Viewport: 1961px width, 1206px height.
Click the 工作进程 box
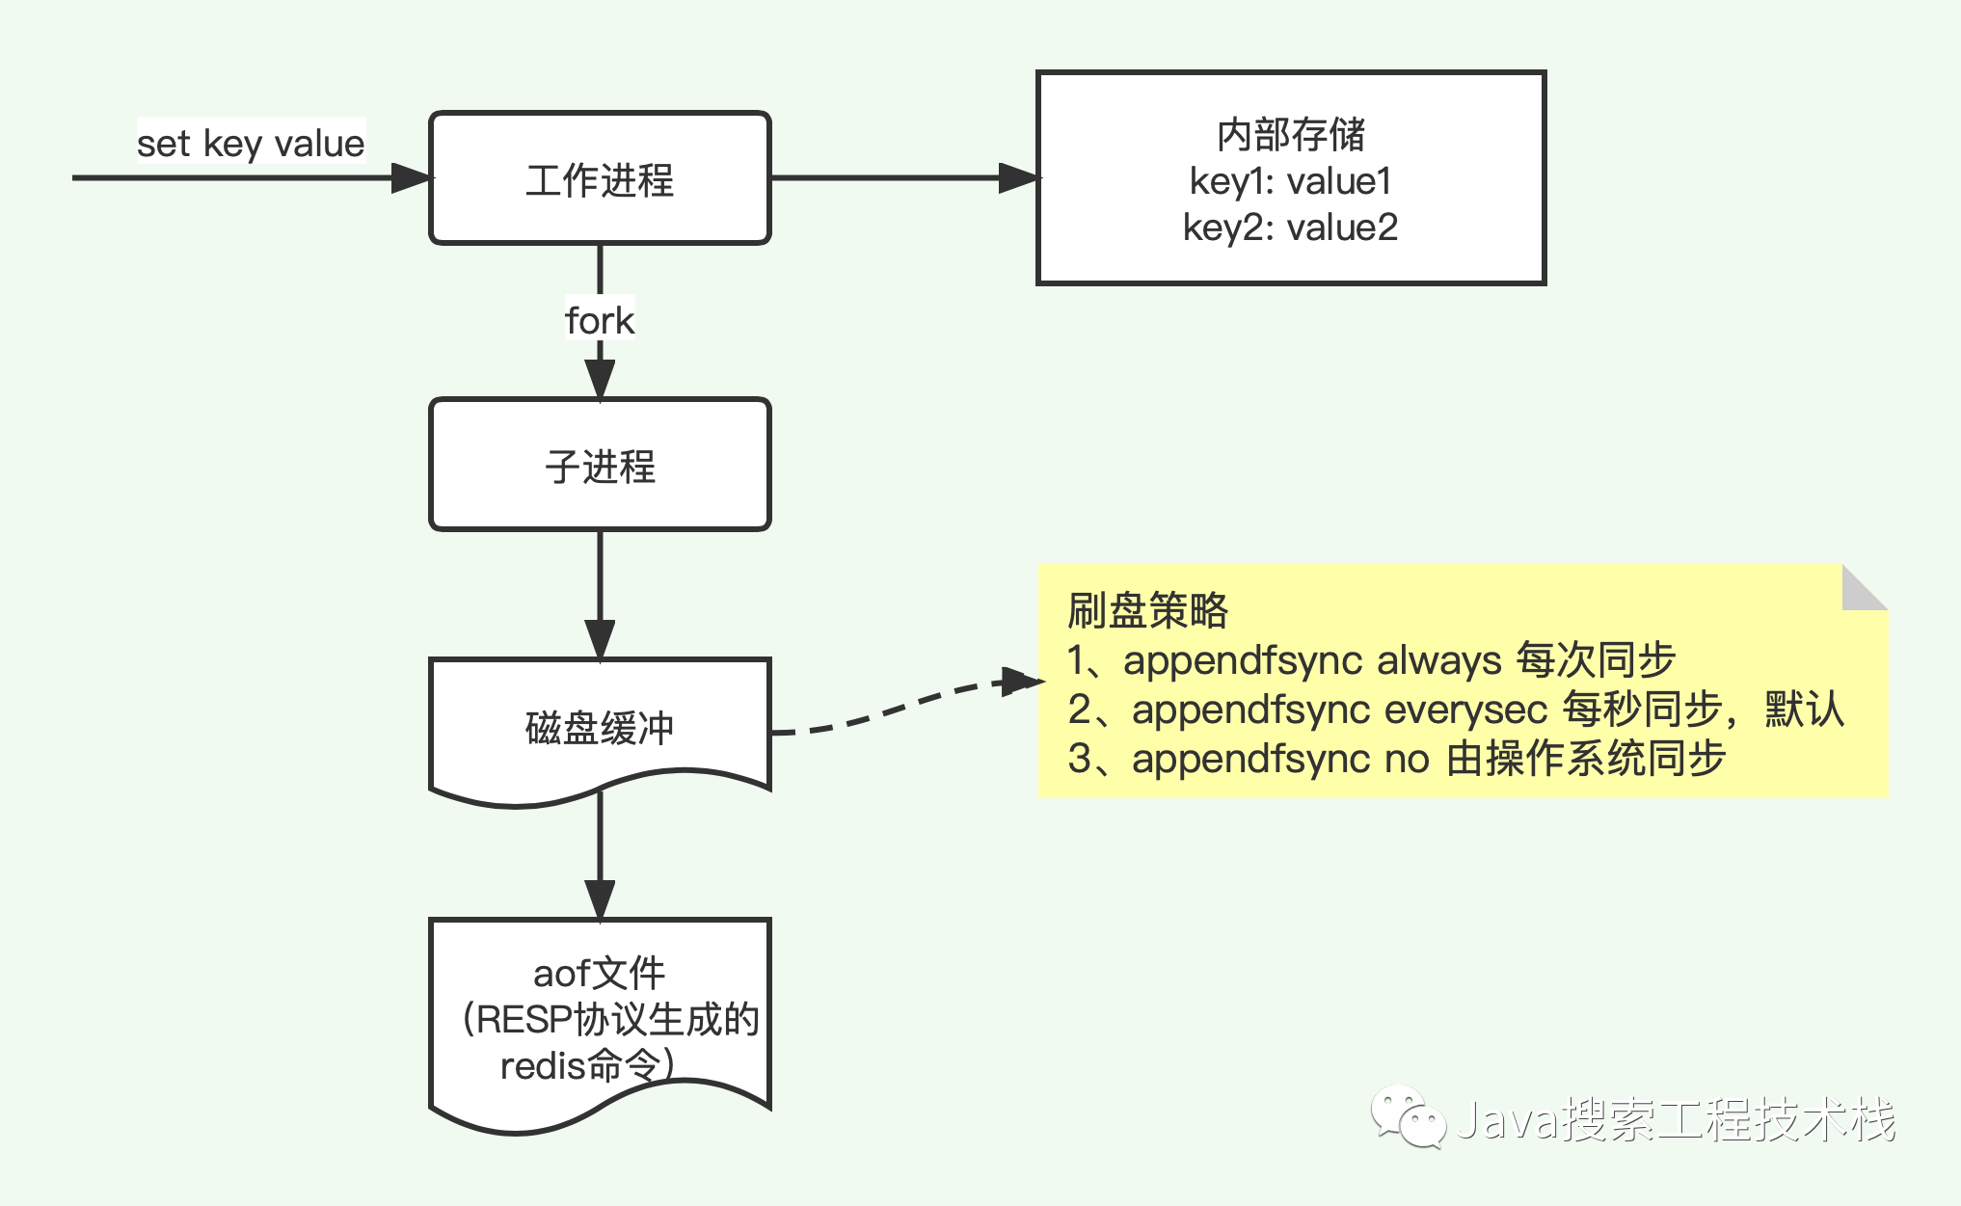[x=600, y=178]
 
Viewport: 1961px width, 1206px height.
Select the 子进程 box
[x=600, y=465]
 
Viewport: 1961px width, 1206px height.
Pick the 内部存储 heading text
[x=1291, y=135]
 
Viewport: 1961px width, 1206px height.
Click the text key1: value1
[x=1291, y=181]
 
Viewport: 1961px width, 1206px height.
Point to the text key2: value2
[x=1291, y=228]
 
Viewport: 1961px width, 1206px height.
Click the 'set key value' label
[x=251, y=144]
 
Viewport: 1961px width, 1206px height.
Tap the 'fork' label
[x=600, y=321]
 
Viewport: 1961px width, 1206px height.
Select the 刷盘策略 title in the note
[x=1147, y=610]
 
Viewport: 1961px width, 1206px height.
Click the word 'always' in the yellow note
[x=1438, y=660]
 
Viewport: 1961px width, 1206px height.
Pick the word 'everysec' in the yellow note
[x=1465, y=710]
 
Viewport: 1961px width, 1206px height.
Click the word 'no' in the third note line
[x=1407, y=759]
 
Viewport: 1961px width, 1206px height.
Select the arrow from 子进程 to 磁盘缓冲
[x=600, y=593]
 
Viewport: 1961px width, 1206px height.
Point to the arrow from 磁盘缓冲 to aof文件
[x=600, y=853]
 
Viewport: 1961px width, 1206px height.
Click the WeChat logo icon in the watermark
[x=1408, y=1117]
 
